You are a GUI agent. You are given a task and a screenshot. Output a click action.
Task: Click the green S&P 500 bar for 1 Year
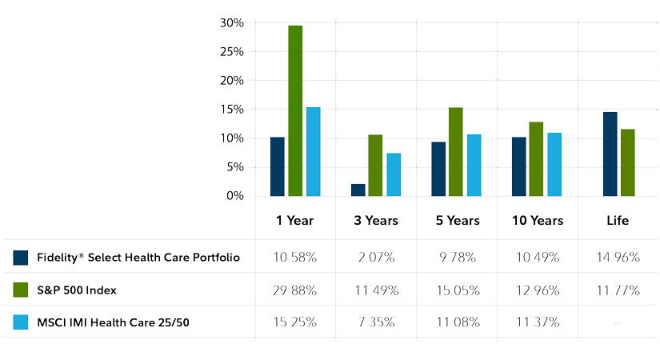point(295,110)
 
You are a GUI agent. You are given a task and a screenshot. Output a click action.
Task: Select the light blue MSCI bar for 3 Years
point(394,174)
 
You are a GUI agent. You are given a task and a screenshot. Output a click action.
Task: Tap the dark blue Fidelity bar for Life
point(610,154)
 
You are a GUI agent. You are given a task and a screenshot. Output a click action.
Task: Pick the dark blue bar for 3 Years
point(358,190)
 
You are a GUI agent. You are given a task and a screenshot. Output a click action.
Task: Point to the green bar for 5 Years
point(456,152)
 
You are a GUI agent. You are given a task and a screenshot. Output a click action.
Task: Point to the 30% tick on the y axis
point(232,23)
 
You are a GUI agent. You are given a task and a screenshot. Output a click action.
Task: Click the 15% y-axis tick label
point(232,110)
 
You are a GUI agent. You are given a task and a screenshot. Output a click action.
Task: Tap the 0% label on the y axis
point(234,196)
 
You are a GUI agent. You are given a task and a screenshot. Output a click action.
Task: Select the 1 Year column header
point(295,220)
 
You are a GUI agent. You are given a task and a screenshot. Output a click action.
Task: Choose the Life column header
point(618,220)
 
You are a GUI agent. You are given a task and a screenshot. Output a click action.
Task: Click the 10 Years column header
point(537,220)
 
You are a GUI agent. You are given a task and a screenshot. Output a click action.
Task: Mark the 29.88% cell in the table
point(295,290)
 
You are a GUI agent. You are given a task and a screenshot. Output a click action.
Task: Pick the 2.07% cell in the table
point(375,258)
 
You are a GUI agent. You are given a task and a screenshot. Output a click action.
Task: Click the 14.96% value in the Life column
point(618,258)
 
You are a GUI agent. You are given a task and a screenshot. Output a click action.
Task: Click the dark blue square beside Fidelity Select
point(21,258)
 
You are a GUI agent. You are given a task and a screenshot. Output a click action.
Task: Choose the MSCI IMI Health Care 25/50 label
point(115,322)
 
